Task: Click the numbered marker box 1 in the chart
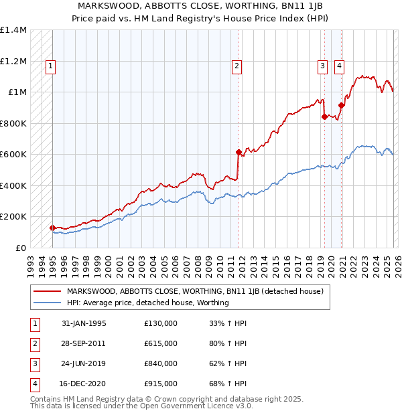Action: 52,66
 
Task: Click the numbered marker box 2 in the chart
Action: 237,66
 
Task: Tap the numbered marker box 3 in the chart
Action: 322,66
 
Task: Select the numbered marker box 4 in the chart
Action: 340,66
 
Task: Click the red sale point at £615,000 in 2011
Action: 239,152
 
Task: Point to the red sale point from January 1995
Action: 53,228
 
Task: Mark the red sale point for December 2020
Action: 341,105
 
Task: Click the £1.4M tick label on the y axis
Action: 13,30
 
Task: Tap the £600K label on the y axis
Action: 13,154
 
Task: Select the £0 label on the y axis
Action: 21,248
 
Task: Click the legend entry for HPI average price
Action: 147,303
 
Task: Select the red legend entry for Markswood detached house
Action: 194,291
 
